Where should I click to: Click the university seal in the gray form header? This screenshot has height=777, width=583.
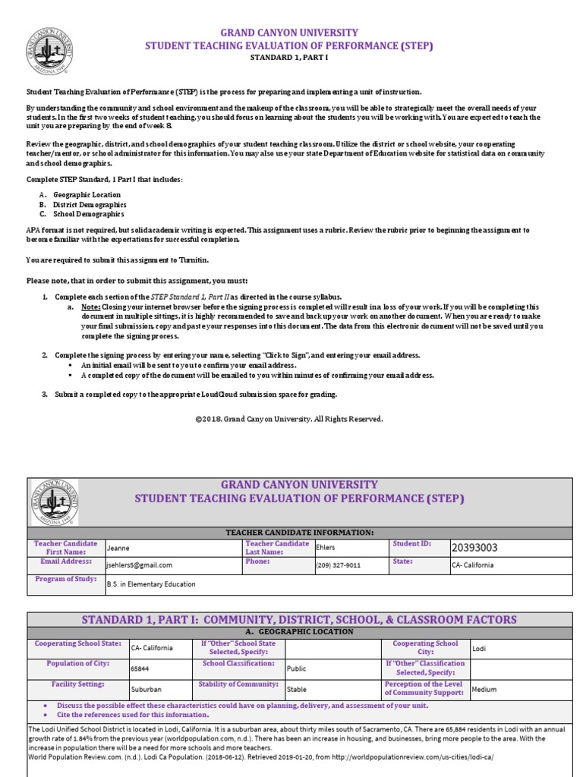[55, 502]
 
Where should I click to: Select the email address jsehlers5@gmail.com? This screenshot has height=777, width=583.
[140, 565]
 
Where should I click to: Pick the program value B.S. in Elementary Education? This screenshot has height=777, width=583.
[151, 584]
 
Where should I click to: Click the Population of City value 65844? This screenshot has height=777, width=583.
[140, 669]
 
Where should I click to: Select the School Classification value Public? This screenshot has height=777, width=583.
[297, 669]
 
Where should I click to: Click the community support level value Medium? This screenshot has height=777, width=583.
[484, 690]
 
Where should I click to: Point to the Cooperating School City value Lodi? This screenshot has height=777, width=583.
[479, 648]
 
